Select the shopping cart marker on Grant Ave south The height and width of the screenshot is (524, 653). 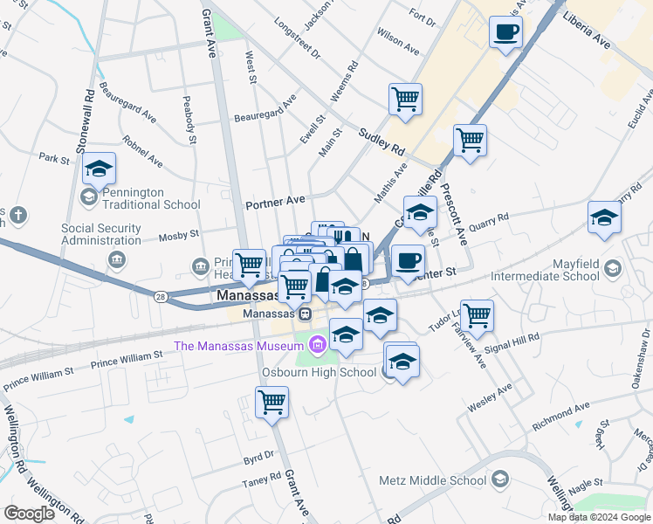[x=272, y=403]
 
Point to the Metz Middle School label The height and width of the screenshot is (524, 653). [x=432, y=480]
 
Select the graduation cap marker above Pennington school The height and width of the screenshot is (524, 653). [x=100, y=168]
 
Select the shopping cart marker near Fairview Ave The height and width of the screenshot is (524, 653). [x=478, y=316]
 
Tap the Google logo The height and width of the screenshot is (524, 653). [x=29, y=513]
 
